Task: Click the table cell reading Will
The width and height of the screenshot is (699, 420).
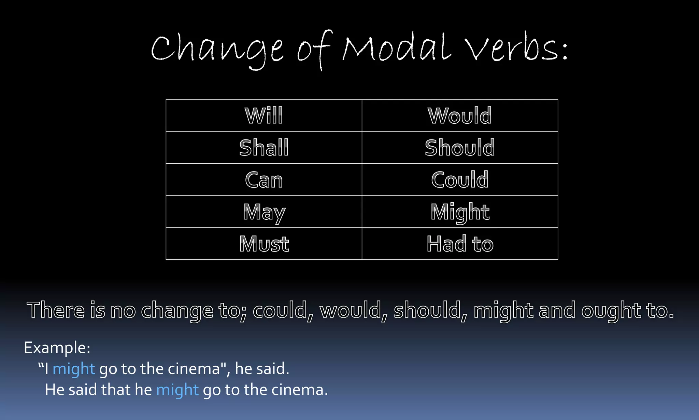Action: [x=264, y=116]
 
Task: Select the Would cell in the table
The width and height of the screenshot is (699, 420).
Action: [x=460, y=116]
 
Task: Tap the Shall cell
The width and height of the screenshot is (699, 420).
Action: [x=264, y=148]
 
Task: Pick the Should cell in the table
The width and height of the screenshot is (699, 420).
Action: [x=460, y=148]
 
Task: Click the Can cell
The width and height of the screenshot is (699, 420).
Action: [x=264, y=180]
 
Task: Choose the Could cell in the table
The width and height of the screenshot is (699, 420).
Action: [x=460, y=180]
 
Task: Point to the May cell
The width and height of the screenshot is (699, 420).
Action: [x=264, y=212]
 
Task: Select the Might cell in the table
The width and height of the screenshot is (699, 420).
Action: [x=460, y=212]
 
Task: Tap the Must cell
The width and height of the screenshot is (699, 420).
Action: [x=264, y=244]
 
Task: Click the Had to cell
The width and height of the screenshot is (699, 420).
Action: [x=460, y=244]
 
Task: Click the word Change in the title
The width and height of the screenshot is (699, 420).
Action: [x=217, y=50]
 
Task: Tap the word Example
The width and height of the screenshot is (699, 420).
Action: [x=57, y=348]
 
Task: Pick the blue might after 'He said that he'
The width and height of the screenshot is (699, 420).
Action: [x=177, y=390]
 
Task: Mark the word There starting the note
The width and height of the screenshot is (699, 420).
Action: [x=56, y=310]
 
